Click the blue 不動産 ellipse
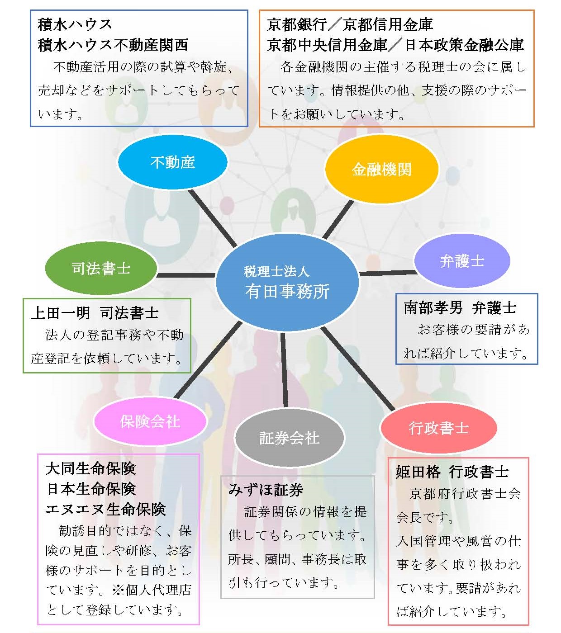[172, 162]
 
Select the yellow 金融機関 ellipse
[381, 169]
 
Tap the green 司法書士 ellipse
[101, 269]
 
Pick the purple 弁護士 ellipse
[462, 261]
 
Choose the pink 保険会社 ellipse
[150, 421]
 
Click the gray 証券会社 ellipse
[289, 438]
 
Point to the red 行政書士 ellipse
[438, 428]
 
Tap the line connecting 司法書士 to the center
[186, 275]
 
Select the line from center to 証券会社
[284, 370]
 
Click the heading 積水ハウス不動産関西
[113, 45]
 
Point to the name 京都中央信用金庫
[327, 45]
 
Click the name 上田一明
[61, 313]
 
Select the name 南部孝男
[433, 308]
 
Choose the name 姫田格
[418, 472]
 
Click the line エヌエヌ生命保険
[106, 509]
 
